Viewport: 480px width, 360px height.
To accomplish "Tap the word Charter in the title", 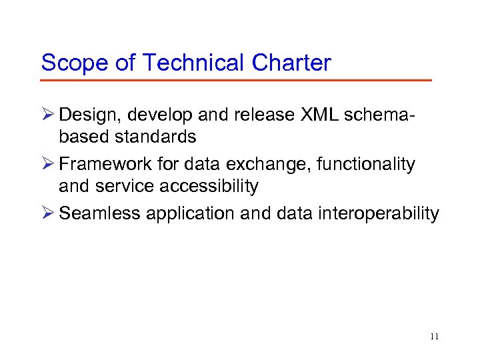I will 291,63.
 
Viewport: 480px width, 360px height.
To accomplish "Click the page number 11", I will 435,337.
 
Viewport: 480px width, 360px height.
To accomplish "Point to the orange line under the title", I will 236,81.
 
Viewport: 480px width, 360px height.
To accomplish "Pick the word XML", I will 320,115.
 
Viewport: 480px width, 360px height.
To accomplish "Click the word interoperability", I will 378,213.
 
